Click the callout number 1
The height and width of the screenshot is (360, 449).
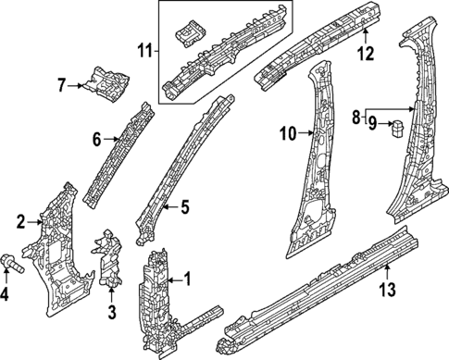pos(188,278)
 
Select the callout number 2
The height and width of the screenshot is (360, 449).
pos(20,220)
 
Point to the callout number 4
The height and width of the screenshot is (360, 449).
pos(5,295)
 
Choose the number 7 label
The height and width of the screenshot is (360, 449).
pos(61,86)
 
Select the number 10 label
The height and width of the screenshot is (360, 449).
pos(287,135)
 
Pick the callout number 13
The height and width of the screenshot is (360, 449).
pos(388,290)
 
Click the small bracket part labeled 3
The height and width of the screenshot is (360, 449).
pos(109,259)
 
